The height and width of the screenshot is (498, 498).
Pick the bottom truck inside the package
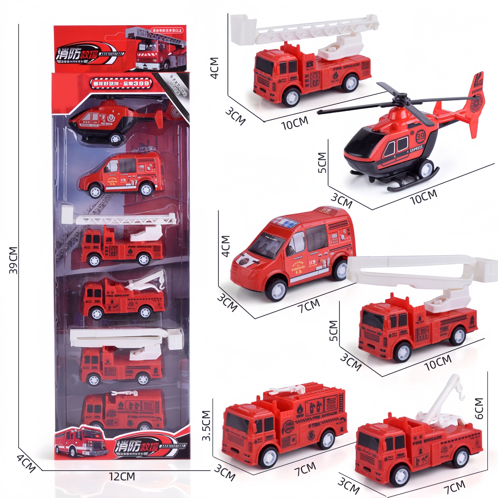pos(123,410)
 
